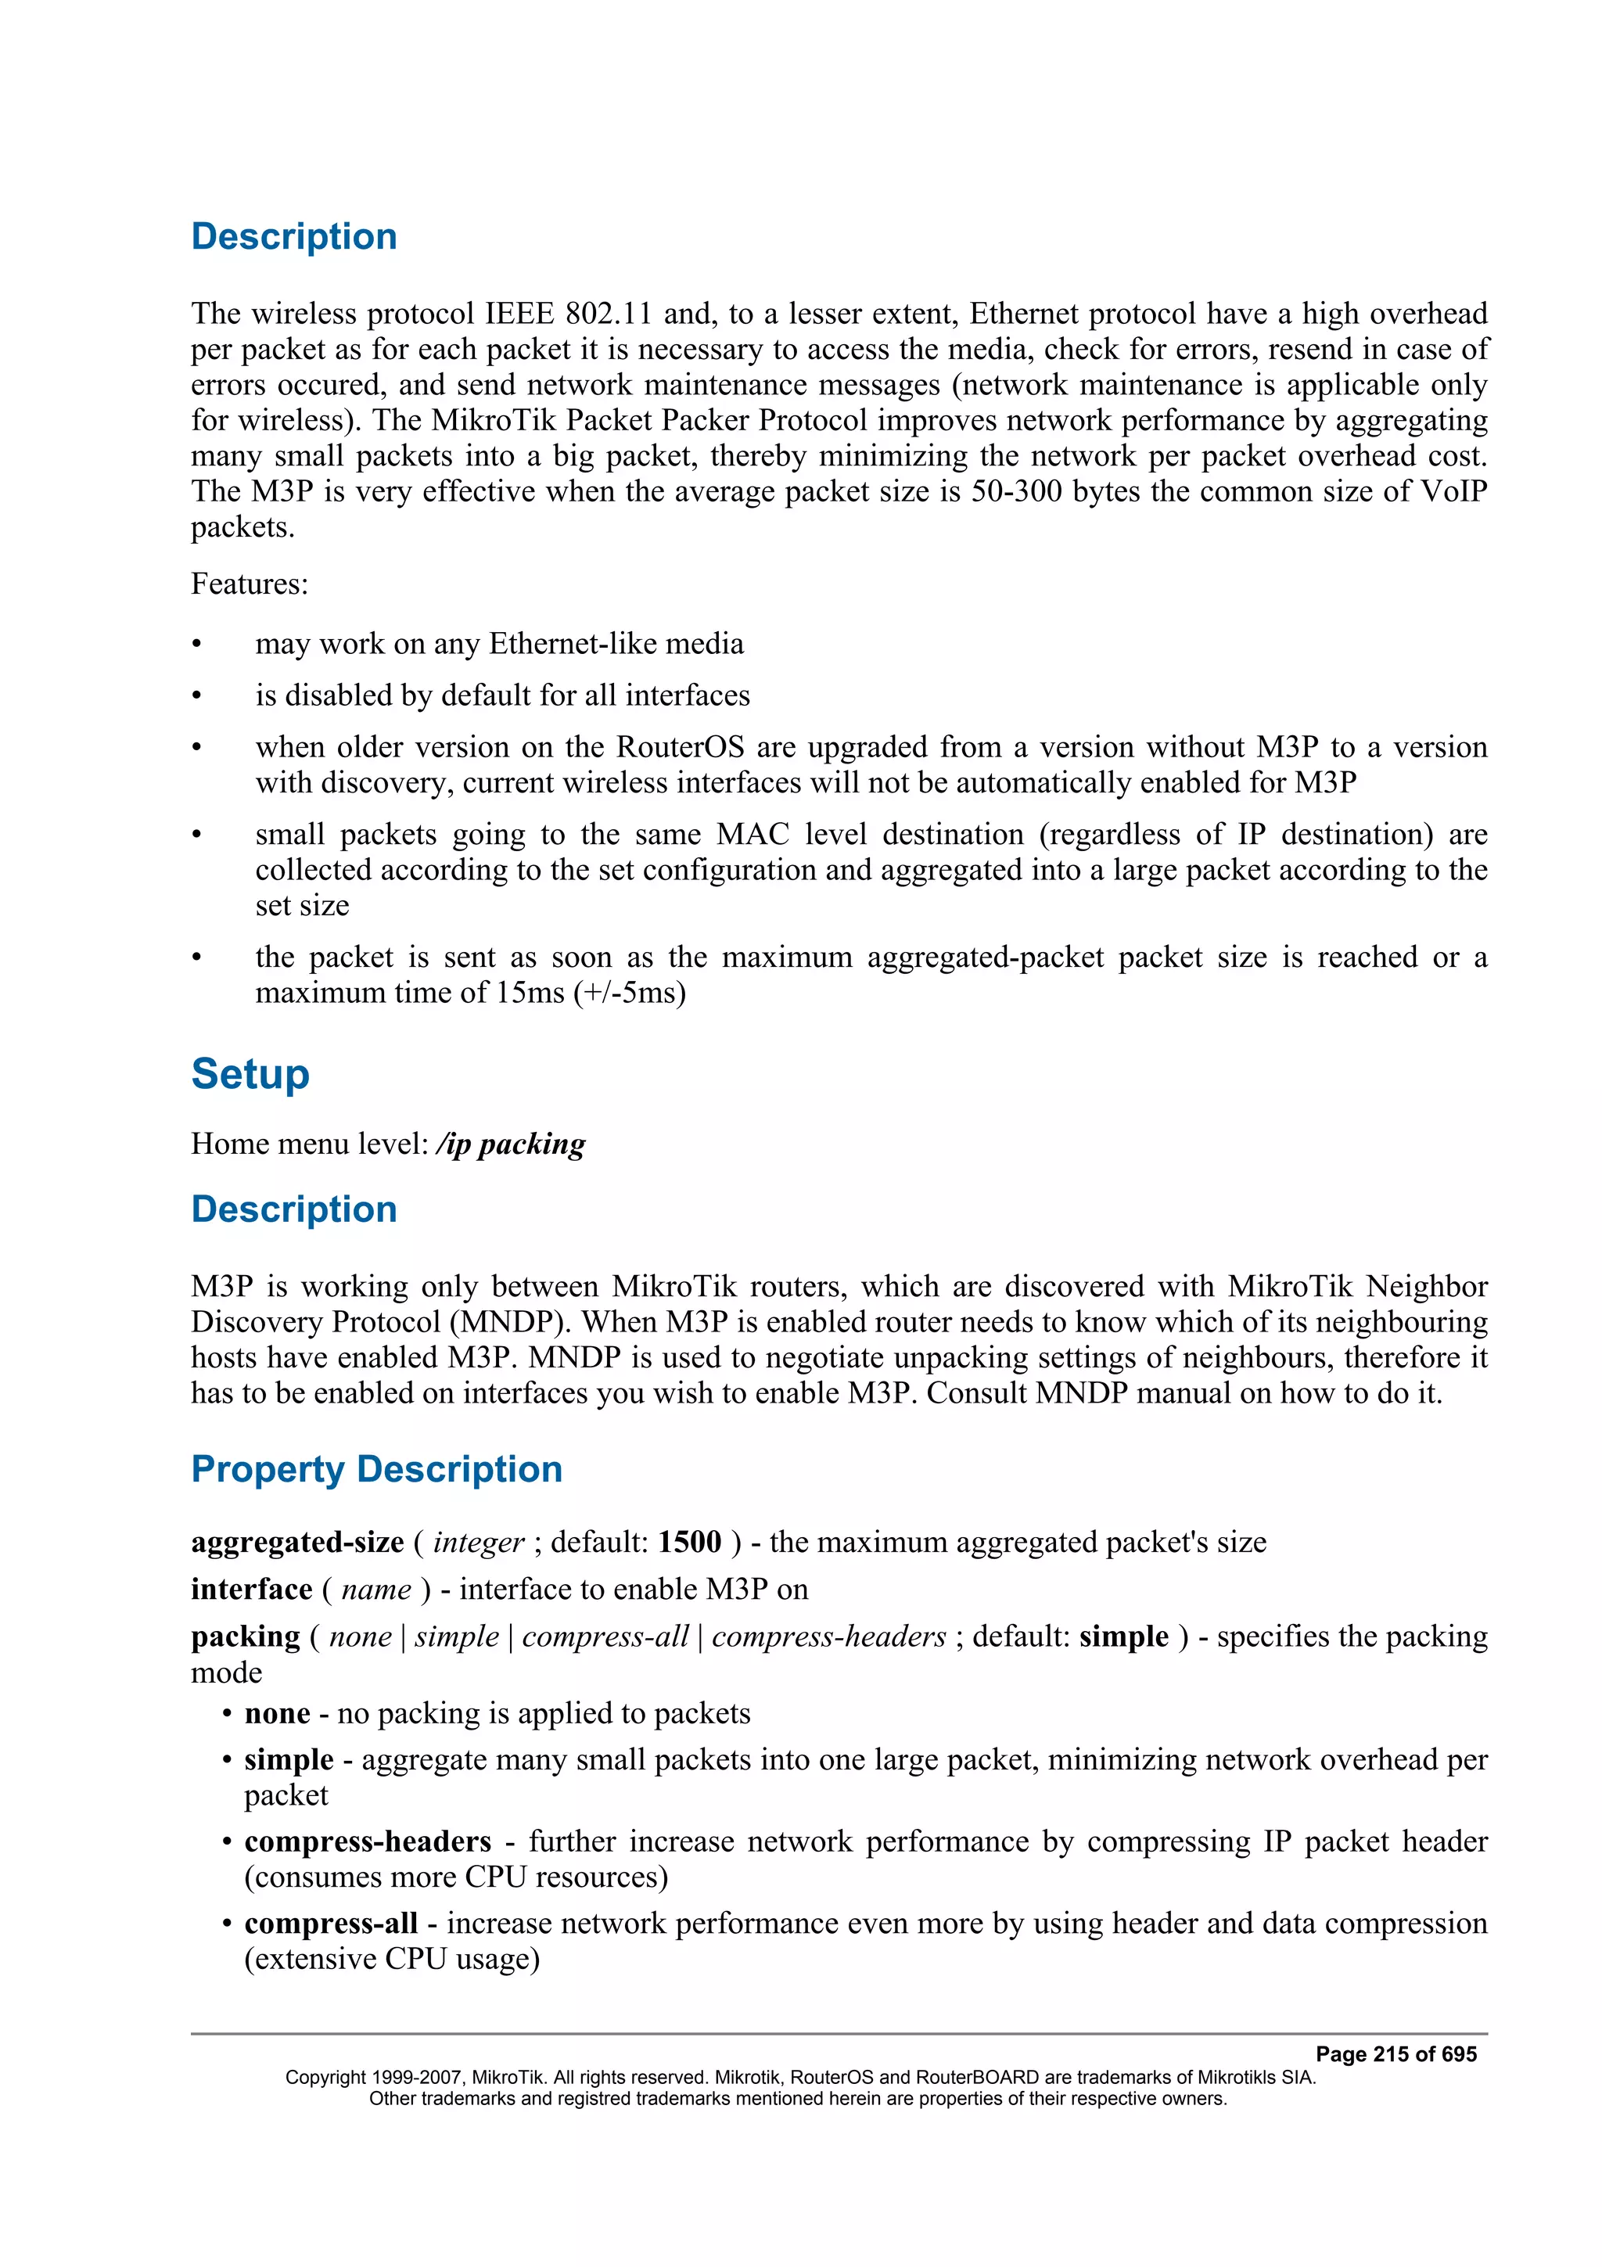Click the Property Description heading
click(x=376, y=1468)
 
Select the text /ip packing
click(x=510, y=1144)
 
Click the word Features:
click(x=249, y=584)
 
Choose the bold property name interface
click(x=251, y=1589)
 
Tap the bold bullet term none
click(x=278, y=1713)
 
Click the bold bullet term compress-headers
click(x=367, y=1841)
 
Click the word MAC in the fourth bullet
click(x=753, y=835)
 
